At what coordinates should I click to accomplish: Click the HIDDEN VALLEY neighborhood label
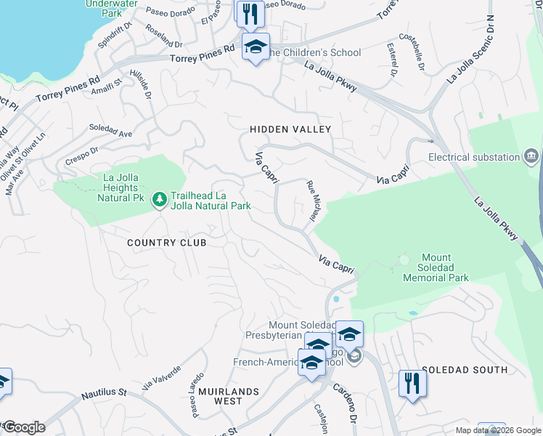click(x=290, y=129)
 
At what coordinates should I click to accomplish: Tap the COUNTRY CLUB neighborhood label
click(x=167, y=243)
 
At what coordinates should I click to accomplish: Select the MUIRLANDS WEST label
click(x=229, y=396)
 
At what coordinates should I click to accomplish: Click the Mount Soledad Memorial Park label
click(x=436, y=267)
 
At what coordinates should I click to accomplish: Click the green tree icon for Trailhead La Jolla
click(x=160, y=198)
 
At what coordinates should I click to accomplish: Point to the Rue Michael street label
click(x=313, y=201)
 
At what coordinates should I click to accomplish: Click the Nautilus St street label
click(x=102, y=392)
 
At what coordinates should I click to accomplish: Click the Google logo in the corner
click(x=23, y=427)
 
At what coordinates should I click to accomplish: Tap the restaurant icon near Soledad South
click(x=412, y=383)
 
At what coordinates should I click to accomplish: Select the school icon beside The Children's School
click(x=256, y=47)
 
